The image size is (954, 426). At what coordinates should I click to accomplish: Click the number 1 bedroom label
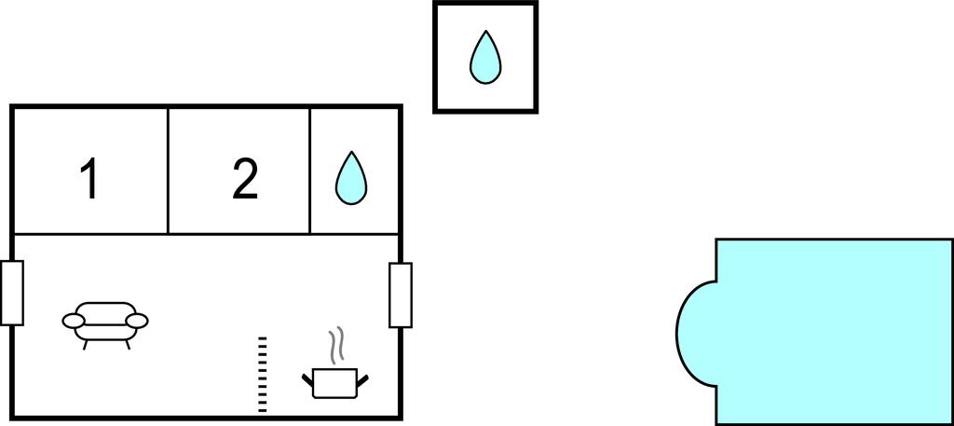click(89, 179)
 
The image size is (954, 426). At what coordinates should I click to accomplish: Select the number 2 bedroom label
click(245, 179)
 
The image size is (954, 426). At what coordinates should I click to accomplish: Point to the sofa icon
click(105, 323)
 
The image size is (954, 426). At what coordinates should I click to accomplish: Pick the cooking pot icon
click(335, 382)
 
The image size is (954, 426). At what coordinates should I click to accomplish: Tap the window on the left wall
click(12, 293)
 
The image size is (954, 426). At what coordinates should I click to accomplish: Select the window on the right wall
click(401, 295)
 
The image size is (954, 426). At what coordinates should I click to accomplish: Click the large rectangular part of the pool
click(834, 331)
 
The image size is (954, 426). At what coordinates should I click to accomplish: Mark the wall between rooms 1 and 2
click(168, 171)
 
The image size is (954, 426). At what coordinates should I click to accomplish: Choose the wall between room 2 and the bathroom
click(309, 171)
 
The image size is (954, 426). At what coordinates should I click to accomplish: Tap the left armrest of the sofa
click(74, 321)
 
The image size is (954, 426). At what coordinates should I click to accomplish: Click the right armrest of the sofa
click(137, 321)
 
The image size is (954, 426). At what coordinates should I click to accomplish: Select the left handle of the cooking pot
click(308, 378)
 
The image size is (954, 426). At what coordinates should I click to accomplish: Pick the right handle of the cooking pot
click(363, 378)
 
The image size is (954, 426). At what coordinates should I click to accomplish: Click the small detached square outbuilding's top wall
click(484, 4)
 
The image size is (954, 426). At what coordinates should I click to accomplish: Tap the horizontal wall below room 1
click(89, 233)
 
